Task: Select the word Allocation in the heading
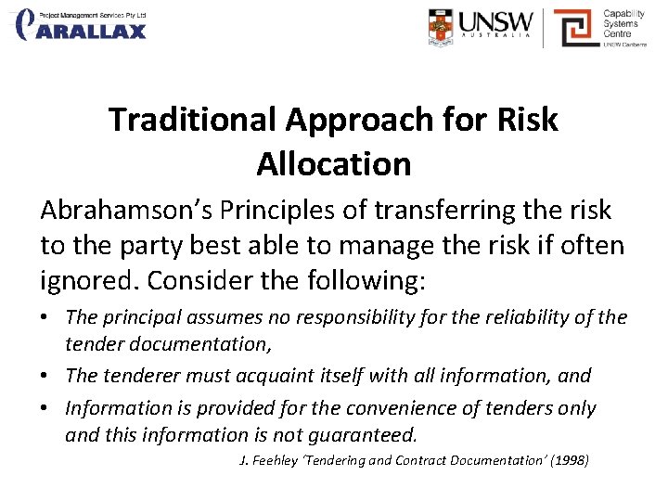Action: (x=334, y=164)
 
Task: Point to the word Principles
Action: (x=281, y=211)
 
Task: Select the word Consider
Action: (x=190, y=279)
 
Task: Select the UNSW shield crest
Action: (x=443, y=28)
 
